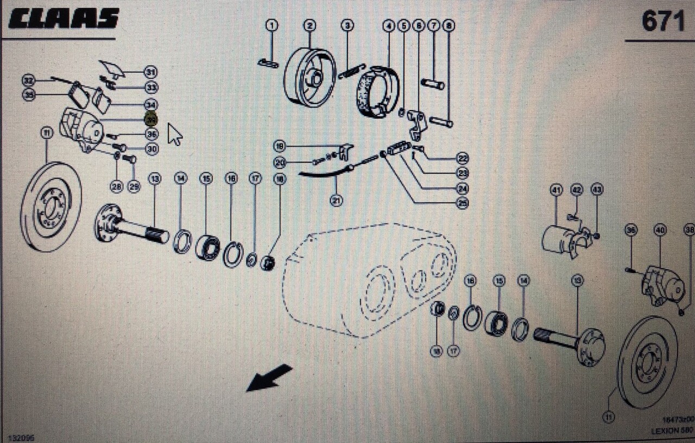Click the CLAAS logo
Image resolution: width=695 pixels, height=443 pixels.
coord(63,18)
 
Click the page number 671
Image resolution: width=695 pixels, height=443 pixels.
coord(663,22)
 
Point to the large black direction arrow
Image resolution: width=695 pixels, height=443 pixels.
coord(269,378)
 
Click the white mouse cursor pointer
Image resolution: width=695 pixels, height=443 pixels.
coord(174,134)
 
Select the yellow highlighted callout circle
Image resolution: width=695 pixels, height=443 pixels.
coord(152,118)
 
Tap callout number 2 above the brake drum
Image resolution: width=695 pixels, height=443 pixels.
coord(309,25)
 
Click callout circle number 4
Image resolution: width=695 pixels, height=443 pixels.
coord(388,25)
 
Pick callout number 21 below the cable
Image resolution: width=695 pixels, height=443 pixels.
coord(337,200)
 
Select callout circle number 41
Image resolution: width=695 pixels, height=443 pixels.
coord(555,190)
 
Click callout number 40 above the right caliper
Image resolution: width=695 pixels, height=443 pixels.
coord(660,230)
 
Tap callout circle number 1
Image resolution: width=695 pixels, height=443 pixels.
coord(271,25)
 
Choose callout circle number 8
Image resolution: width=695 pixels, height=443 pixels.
coord(448,25)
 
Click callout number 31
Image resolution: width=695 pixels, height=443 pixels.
coord(150,71)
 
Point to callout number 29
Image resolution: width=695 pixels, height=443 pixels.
coord(134,187)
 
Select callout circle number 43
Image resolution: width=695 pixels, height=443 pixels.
coord(597,190)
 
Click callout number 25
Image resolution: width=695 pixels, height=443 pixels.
coord(462,203)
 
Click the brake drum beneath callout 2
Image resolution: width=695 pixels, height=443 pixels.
coord(310,77)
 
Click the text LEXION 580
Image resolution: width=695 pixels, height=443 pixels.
coord(672,430)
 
